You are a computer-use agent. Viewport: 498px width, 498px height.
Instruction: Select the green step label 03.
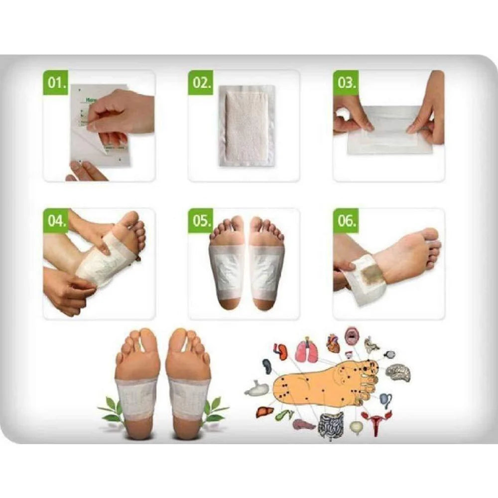(346, 83)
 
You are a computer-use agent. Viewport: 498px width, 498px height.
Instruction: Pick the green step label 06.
(346, 221)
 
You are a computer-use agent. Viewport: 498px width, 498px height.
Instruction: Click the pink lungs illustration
(306, 351)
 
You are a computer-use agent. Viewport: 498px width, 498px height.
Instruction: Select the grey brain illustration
(398, 373)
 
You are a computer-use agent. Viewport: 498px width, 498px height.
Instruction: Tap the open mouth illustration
(352, 336)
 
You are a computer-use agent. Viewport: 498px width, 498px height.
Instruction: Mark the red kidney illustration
(281, 352)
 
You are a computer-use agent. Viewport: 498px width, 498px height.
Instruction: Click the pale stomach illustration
(257, 389)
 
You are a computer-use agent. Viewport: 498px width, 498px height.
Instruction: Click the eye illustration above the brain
(389, 355)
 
